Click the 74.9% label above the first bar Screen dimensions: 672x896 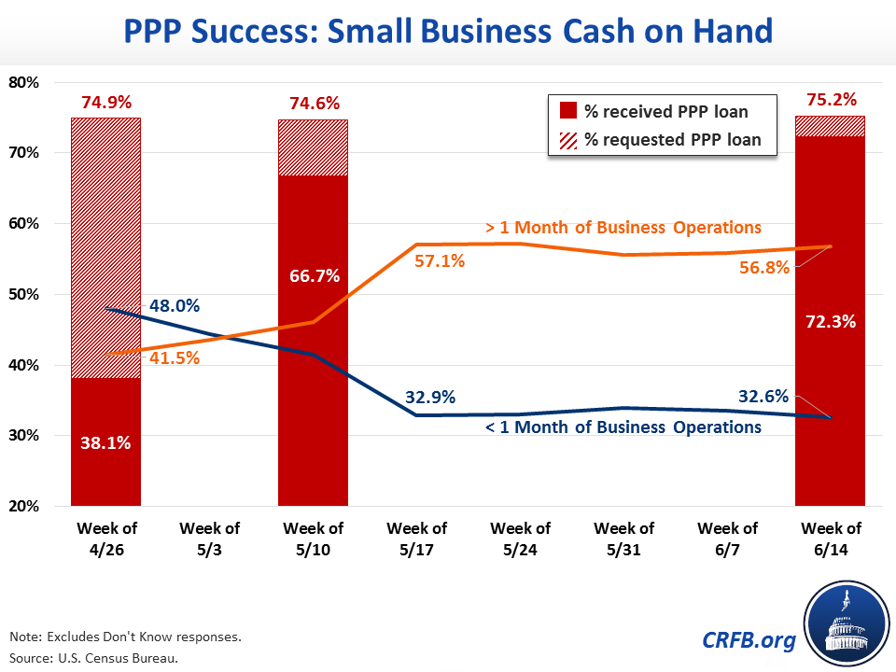105,104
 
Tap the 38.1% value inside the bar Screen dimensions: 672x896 105,443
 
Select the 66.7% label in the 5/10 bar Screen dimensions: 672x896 314,276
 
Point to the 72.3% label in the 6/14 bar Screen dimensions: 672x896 830,321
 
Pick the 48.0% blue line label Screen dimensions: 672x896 175,305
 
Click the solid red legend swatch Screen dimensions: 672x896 567,112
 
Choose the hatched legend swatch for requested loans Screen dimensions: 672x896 567,140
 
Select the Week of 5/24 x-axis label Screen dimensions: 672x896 520,539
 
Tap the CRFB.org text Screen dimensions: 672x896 749,640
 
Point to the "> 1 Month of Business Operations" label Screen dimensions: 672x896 623,227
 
